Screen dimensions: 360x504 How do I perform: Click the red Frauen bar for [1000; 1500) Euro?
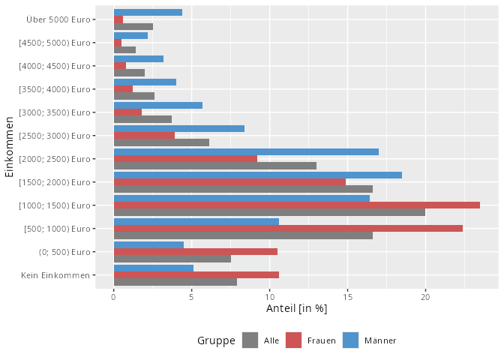coord(296,205)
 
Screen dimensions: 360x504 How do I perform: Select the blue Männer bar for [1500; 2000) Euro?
coord(257,175)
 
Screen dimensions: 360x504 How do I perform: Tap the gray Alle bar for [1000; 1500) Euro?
coord(269,212)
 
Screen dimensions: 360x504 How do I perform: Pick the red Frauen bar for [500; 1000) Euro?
coord(288,228)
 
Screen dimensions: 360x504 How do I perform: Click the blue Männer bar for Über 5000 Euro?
coord(148,12)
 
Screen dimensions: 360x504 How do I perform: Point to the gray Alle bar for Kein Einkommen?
coord(175,282)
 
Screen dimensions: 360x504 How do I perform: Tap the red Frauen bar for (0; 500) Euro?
coord(195,251)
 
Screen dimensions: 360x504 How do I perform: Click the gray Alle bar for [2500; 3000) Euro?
coord(161,142)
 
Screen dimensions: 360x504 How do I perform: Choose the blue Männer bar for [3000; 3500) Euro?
coord(157,105)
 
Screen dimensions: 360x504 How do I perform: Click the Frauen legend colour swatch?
coord(294,340)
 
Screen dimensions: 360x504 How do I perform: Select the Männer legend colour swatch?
coord(350,340)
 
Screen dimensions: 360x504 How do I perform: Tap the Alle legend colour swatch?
coord(250,340)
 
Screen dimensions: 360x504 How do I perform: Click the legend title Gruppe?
coord(216,340)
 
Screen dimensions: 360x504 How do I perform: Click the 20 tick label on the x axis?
coord(425,297)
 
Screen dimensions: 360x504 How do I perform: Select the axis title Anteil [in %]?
coord(296,308)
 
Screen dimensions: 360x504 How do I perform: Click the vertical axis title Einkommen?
coord(10,146)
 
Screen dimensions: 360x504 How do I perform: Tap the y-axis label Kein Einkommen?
coord(56,275)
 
